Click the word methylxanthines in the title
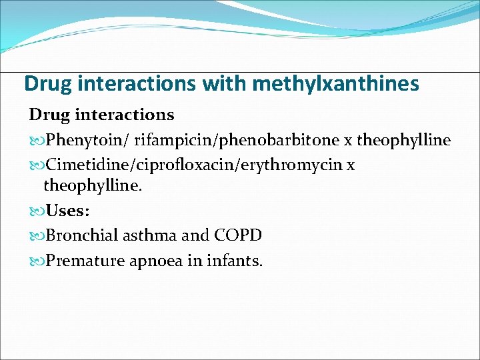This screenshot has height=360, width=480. click(337, 84)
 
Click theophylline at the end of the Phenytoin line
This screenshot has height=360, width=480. click(404, 141)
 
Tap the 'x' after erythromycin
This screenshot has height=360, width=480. click(351, 165)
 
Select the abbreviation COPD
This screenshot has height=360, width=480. click(238, 235)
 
